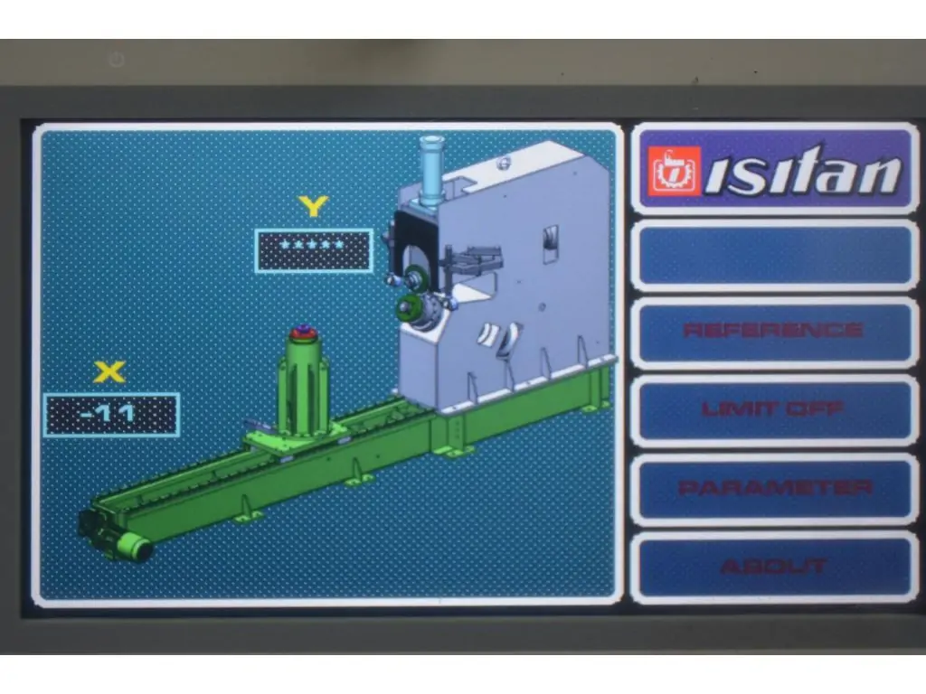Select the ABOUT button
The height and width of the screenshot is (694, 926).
pyautogui.click(x=774, y=567)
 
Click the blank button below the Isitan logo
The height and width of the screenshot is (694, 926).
pyautogui.click(x=774, y=255)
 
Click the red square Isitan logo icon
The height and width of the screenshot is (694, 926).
pyautogui.click(x=674, y=171)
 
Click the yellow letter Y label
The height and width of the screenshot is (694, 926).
pyautogui.click(x=313, y=206)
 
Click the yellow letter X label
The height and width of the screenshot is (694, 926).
pyautogui.click(x=109, y=371)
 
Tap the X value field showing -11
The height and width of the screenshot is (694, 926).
pyautogui.click(x=111, y=415)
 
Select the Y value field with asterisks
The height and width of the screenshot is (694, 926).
pyautogui.click(x=314, y=250)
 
